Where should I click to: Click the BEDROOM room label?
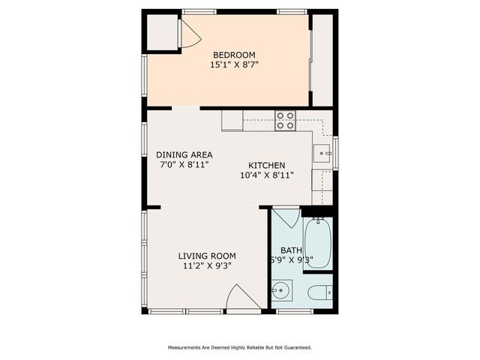234,55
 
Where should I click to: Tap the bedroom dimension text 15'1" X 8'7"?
234,65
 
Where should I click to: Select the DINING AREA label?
184,154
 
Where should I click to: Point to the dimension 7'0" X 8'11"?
184,164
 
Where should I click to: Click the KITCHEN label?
266,166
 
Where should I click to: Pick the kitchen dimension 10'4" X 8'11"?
266,175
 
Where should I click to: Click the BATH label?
291,250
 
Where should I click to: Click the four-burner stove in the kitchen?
285,120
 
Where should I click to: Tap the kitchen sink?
322,153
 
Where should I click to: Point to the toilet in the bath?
319,292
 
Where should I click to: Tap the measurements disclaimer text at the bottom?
239,347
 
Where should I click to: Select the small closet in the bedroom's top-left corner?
160,31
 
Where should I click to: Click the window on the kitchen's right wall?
336,151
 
